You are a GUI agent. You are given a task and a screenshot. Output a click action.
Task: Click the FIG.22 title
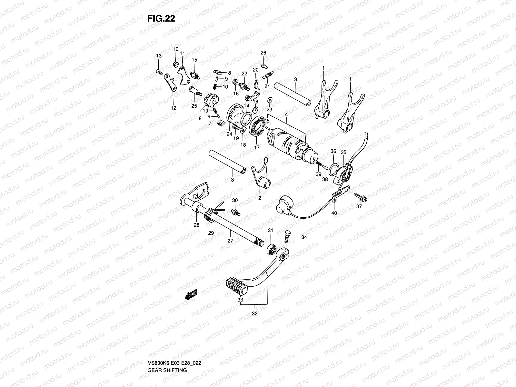pos(161,19)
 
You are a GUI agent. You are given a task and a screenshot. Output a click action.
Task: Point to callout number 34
pos(304,237)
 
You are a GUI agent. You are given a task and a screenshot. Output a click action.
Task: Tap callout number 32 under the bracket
pos(254,313)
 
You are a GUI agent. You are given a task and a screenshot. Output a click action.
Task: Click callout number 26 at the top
pos(263,53)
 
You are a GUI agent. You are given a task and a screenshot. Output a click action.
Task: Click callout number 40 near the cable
pos(334,213)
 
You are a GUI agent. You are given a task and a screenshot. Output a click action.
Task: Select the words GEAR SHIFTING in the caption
pos(167,343)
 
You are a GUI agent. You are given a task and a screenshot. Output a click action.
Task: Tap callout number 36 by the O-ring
pos(333,151)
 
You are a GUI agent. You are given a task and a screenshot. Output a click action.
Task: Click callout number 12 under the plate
pos(174,108)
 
